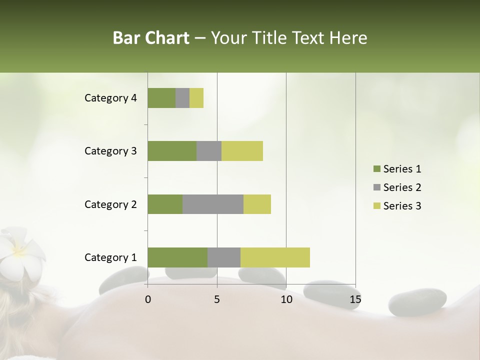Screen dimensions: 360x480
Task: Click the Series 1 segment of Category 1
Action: coord(177,257)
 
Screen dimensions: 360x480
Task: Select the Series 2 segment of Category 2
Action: coord(213,204)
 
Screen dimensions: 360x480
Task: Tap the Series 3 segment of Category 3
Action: coord(242,151)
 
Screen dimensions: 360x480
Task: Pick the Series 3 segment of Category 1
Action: coord(275,257)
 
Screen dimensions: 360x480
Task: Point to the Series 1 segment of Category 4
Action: coord(161,98)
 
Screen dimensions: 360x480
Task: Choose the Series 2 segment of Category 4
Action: coord(182,98)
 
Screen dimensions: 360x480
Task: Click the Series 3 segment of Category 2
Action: coord(257,204)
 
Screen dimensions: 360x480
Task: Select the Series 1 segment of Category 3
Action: coord(172,151)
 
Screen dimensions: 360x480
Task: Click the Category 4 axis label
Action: coord(110,98)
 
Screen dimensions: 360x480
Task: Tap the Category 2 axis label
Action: coord(110,204)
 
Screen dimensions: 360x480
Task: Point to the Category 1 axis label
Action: coord(110,257)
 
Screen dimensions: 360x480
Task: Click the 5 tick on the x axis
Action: coord(217,299)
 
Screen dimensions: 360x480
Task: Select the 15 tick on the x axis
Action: coord(355,299)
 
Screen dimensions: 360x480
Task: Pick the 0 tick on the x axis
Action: coord(148,299)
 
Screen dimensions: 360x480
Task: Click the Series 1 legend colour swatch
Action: coord(376,169)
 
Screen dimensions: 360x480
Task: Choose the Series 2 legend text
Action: coord(402,187)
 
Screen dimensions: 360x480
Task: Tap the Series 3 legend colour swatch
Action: coord(376,206)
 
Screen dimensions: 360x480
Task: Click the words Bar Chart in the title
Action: coord(151,38)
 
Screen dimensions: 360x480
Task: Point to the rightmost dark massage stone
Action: coord(417,302)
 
